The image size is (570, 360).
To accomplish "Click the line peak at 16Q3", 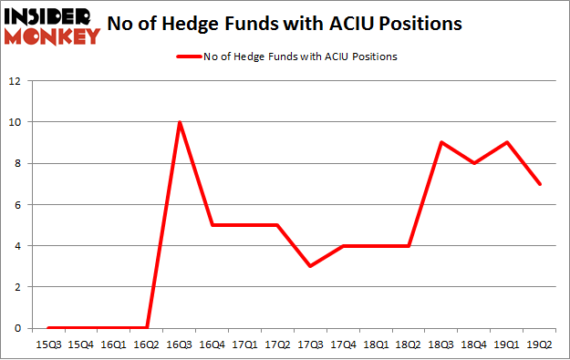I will click(x=181, y=122).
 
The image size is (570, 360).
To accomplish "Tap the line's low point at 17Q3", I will click(x=311, y=266).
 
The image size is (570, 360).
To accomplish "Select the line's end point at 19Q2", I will click(x=541, y=184).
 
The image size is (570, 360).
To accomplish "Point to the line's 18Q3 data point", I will click(x=442, y=142).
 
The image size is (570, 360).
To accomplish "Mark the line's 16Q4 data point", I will click(x=213, y=225).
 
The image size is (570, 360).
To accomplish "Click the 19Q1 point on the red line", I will click(x=508, y=142).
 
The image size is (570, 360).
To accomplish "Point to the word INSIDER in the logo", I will click(x=49, y=16).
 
